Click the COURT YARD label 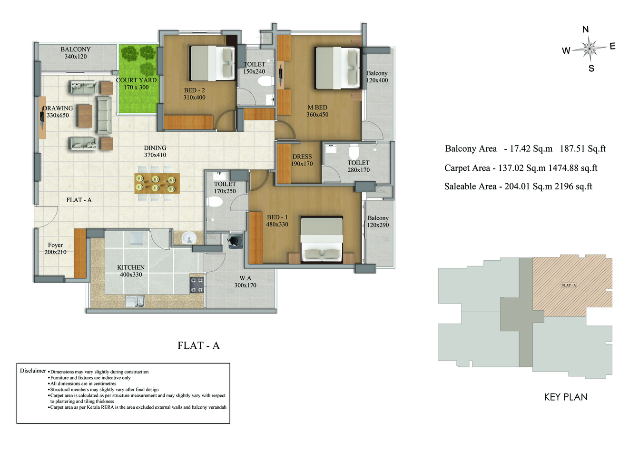(x=136, y=80)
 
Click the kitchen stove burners (x=197, y=285)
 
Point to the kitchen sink (x=135, y=301)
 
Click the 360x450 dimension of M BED (x=317, y=115)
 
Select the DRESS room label (x=302, y=157)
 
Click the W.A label (x=245, y=278)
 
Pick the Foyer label (x=55, y=245)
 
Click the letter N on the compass (x=586, y=29)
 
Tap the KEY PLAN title (x=566, y=397)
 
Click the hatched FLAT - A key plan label (x=569, y=285)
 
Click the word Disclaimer (x=33, y=371)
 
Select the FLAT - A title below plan (x=198, y=345)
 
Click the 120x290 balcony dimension (x=378, y=225)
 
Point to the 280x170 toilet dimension (x=358, y=170)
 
